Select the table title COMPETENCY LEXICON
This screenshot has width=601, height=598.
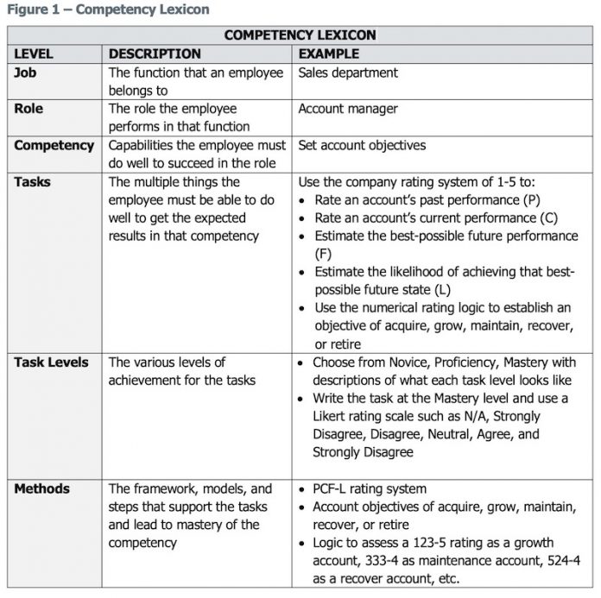coord(300,35)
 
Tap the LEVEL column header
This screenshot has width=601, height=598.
coord(34,54)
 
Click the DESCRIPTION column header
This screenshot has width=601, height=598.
coord(155,54)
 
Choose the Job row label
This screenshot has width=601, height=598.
coord(25,72)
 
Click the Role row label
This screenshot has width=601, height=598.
coord(28,109)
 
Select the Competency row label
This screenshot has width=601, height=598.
coord(54,145)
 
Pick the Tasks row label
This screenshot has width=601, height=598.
coord(32,182)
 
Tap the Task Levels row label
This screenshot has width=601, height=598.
coord(51,362)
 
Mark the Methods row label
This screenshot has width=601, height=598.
coord(41,488)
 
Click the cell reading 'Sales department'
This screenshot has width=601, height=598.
coord(348,72)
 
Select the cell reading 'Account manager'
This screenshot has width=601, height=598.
coord(348,109)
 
